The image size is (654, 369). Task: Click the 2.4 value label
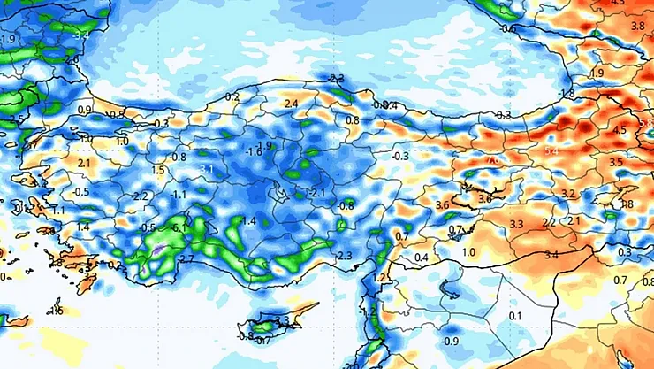click(x=292, y=104)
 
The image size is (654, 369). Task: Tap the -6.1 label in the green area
click(x=179, y=228)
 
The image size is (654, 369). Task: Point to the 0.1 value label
click(x=516, y=316)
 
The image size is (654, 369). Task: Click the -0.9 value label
click(x=451, y=342)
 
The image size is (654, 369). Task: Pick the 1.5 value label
click(x=159, y=170)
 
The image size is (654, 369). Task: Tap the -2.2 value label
click(x=140, y=196)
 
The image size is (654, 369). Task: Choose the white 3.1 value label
click(x=208, y=168)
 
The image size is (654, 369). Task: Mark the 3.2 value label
click(x=568, y=193)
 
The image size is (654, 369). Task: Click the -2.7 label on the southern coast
click(x=186, y=258)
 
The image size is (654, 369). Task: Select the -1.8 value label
click(x=567, y=94)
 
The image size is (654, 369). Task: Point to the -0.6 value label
click(x=507, y=28)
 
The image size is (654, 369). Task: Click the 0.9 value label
click(x=85, y=110)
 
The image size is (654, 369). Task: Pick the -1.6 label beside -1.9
click(x=254, y=152)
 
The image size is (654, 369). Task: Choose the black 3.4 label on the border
click(x=551, y=255)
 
